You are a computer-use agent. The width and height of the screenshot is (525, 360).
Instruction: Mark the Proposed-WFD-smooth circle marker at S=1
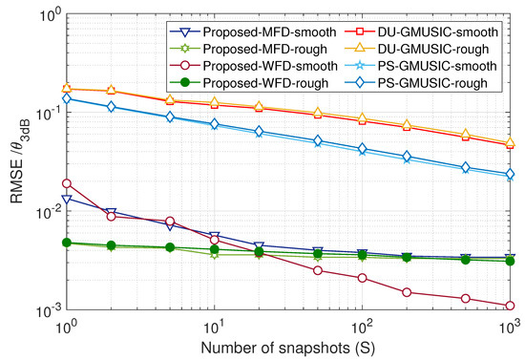pyautogui.click(x=67, y=182)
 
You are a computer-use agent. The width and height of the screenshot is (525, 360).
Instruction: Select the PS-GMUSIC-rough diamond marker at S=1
pyautogui.click(x=67, y=98)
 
